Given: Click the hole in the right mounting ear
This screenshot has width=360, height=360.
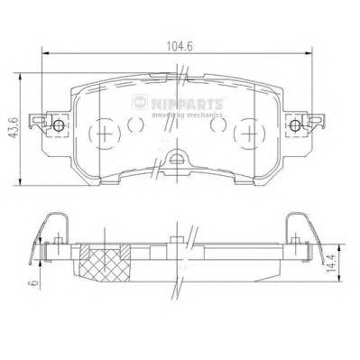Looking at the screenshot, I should point(299,125).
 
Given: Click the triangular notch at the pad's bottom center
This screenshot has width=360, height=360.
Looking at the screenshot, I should point(176,162).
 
